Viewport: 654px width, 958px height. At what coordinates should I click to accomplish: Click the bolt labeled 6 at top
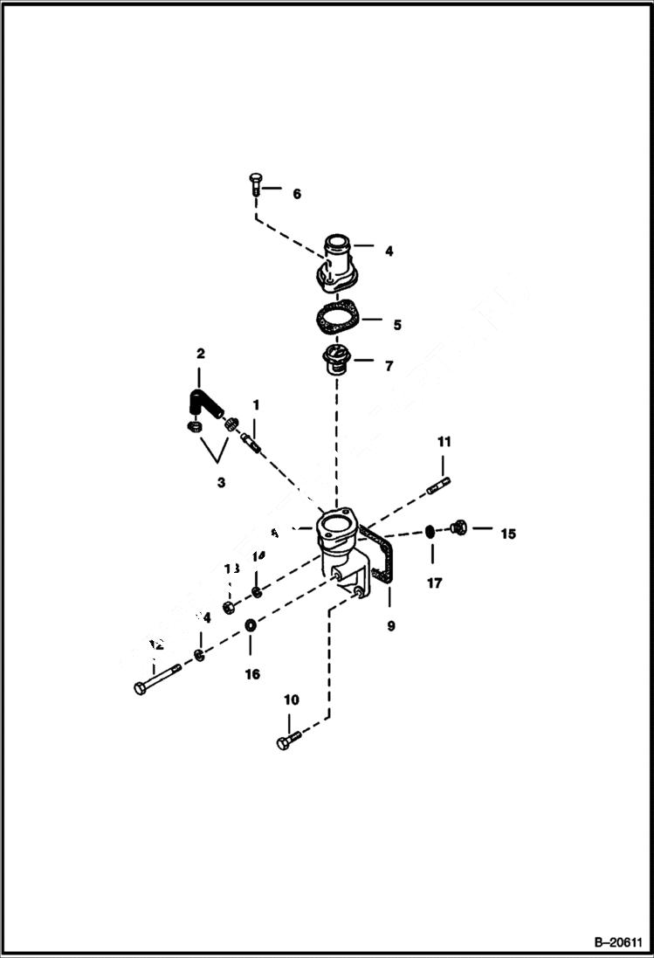point(254,185)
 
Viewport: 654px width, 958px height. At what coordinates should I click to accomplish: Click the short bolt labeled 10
point(288,742)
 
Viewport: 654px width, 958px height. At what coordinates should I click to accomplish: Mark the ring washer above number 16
point(250,624)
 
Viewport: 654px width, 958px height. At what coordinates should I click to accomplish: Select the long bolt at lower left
point(157,678)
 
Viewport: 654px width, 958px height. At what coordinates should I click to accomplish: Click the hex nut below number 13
point(230,606)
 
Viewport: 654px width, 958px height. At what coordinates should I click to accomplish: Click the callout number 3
point(221,482)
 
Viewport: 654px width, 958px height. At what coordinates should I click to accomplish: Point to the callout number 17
point(434,582)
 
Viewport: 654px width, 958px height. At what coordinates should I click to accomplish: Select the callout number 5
point(396,325)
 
